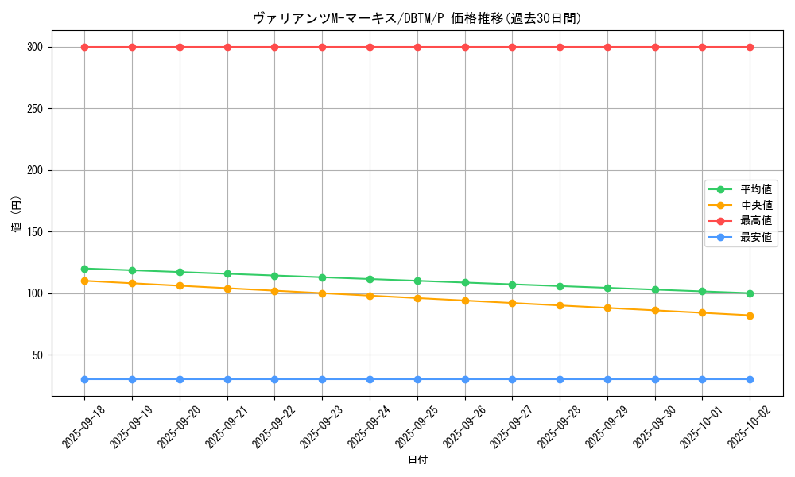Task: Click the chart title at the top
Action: point(417,18)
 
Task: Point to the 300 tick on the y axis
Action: point(33,47)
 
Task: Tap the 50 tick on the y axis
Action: point(37,355)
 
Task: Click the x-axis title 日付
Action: point(417,460)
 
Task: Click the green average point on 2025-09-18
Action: point(84,269)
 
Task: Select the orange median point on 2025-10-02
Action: point(750,316)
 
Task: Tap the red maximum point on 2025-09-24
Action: point(370,47)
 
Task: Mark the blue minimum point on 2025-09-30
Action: point(655,379)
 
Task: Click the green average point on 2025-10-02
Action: point(750,293)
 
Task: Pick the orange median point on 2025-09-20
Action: point(180,285)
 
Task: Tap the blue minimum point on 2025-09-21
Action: point(227,379)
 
